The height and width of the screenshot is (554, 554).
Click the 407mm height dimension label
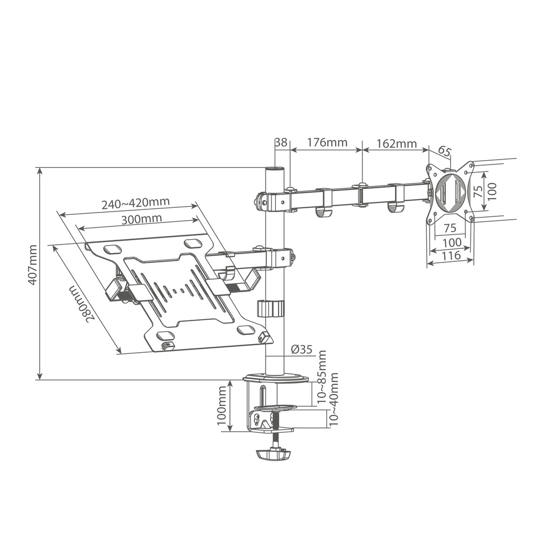point(33,265)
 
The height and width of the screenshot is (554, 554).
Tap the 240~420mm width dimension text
point(136,204)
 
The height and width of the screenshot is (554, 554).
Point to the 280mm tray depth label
point(82,304)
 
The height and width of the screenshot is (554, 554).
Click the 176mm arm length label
point(327,143)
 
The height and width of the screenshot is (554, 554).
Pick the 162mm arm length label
point(396,143)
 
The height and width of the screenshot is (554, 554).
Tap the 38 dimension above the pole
point(281,143)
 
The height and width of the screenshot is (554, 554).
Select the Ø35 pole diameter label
point(301,349)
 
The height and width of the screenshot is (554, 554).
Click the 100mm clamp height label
point(222,406)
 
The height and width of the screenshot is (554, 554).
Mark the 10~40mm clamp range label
point(334,399)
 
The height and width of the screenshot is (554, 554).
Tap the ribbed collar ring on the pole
point(269,309)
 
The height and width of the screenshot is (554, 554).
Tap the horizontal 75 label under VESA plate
point(450,228)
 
